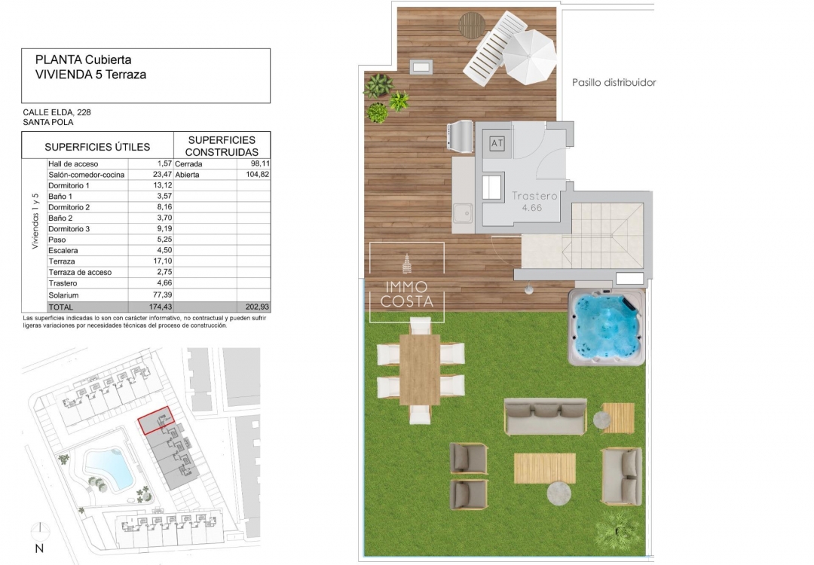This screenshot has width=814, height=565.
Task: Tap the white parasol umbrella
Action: (x=530, y=56)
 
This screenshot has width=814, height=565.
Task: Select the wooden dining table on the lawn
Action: (x=420, y=369)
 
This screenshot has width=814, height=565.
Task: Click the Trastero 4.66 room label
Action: (x=534, y=201)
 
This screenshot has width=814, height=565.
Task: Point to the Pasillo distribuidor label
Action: (x=614, y=83)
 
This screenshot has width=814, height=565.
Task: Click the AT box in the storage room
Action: (x=497, y=142)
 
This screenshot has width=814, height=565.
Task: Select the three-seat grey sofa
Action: (x=545, y=415)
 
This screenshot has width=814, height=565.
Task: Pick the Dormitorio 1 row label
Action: (x=69, y=185)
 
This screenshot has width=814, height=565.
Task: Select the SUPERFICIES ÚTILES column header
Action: (x=97, y=147)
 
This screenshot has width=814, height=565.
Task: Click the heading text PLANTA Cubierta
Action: (x=84, y=60)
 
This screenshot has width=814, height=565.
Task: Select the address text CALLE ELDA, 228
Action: (x=57, y=112)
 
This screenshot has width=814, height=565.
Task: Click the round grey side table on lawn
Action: (x=560, y=493)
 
